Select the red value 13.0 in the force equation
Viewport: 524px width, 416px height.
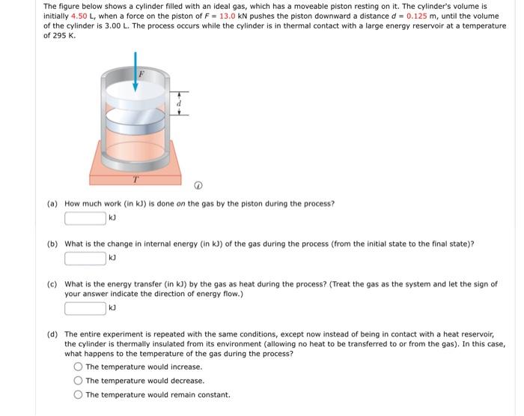(x=228, y=16)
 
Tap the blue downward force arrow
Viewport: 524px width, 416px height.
(x=135, y=71)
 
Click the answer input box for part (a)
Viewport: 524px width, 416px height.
(x=85, y=219)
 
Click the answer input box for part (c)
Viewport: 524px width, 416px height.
(x=85, y=308)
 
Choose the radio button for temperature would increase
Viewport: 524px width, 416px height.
(x=78, y=367)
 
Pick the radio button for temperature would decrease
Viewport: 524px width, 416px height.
(x=78, y=381)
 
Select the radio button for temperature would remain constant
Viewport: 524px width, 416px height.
(x=78, y=395)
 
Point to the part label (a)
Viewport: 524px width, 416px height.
(x=52, y=204)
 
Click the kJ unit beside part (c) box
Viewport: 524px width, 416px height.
(x=113, y=308)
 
